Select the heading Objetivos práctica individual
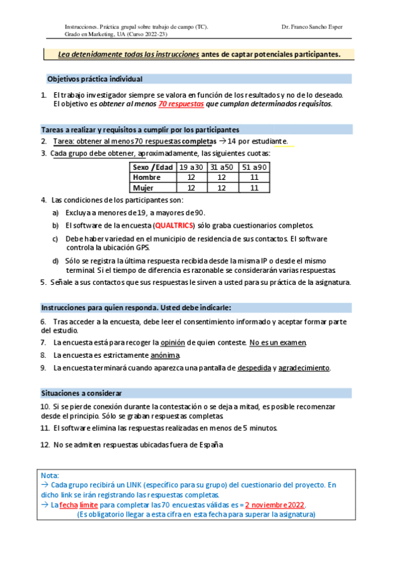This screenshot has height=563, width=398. point(94,78)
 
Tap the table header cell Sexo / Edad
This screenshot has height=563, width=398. point(153,167)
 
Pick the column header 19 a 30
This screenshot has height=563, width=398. point(191,167)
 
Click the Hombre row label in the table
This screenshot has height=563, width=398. point(147,177)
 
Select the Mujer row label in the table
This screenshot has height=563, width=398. point(144,188)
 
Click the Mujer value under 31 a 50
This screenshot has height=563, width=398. point(222,188)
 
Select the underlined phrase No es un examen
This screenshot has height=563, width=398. point(278,343)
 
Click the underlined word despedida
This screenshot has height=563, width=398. point(253,368)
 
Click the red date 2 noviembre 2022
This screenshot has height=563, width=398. point(275,505)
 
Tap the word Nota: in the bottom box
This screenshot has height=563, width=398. point(50,475)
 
